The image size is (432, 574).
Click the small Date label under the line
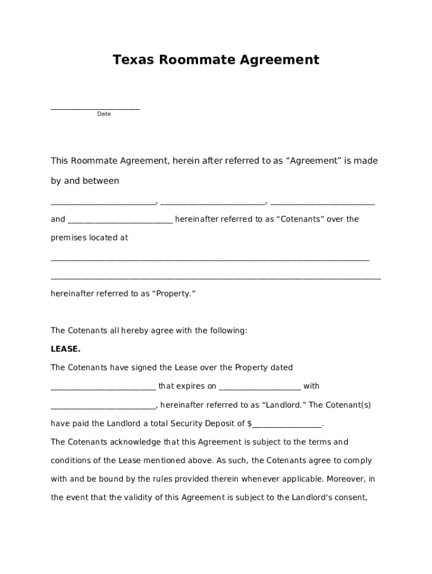coord(104,114)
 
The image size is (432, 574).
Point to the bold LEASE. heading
coord(66,349)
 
